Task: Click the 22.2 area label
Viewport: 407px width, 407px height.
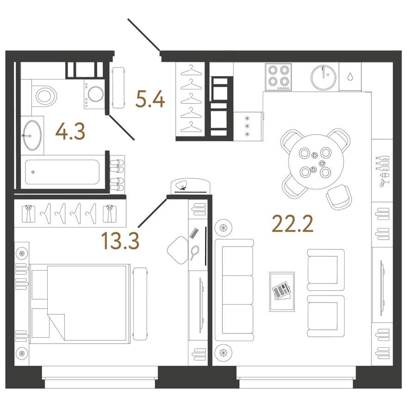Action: tap(292, 224)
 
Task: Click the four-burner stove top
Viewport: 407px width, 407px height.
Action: tap(278, 77)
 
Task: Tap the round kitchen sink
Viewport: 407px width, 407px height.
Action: tap(323, 77)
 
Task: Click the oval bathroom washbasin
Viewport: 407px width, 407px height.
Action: tap(32, 135)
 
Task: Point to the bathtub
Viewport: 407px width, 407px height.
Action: tap(62, 172)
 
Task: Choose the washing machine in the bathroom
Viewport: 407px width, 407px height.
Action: tap(94, 94)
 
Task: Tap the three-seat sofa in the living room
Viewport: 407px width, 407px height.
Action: tap(234, 290)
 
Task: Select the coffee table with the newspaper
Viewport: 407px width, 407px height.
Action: tap(282, 291)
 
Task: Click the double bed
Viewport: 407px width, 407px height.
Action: tap(80, 304)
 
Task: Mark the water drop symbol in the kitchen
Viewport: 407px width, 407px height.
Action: tap(350, 76)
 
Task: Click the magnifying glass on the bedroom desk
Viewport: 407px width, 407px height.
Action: tap(194, 252)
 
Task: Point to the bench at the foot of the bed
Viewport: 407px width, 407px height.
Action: tap(141, 304)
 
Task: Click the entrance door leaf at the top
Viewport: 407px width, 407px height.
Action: tap(144, 34)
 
